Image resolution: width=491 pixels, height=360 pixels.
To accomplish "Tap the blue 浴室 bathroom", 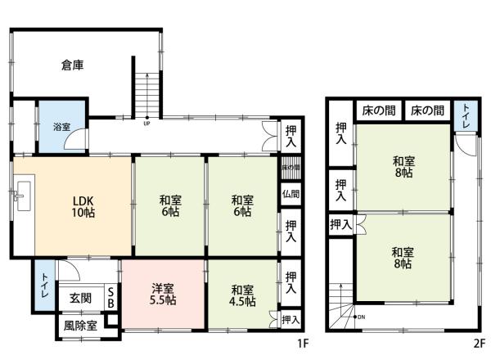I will coord(62,126).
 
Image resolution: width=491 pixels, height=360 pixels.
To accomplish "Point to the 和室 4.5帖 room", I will coord(242,295).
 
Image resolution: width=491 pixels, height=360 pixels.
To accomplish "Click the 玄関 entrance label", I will coord(79,298).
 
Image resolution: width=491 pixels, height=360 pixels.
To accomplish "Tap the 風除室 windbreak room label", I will coord(80,326).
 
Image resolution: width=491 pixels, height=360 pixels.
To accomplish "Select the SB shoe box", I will coord(111,298).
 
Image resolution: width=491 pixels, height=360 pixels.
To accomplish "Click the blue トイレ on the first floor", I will coord(43,286).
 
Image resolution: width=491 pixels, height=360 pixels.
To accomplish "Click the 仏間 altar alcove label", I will coord(291,195).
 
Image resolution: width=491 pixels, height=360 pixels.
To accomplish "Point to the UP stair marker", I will coord(146,124).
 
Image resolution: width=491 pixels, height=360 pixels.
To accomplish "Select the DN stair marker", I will coord(362,316).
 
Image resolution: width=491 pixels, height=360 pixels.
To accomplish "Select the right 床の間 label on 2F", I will coord(428,110).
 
